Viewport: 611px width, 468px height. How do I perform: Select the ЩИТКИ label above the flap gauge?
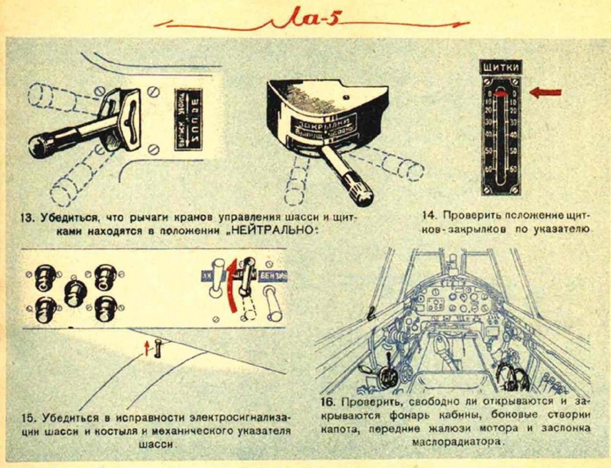(x=501, y=68)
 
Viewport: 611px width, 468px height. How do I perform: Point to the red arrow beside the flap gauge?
(x=545, y=92)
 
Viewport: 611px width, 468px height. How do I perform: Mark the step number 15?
(x=29, y=418)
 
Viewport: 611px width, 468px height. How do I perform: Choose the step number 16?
(x=329, y=403)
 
